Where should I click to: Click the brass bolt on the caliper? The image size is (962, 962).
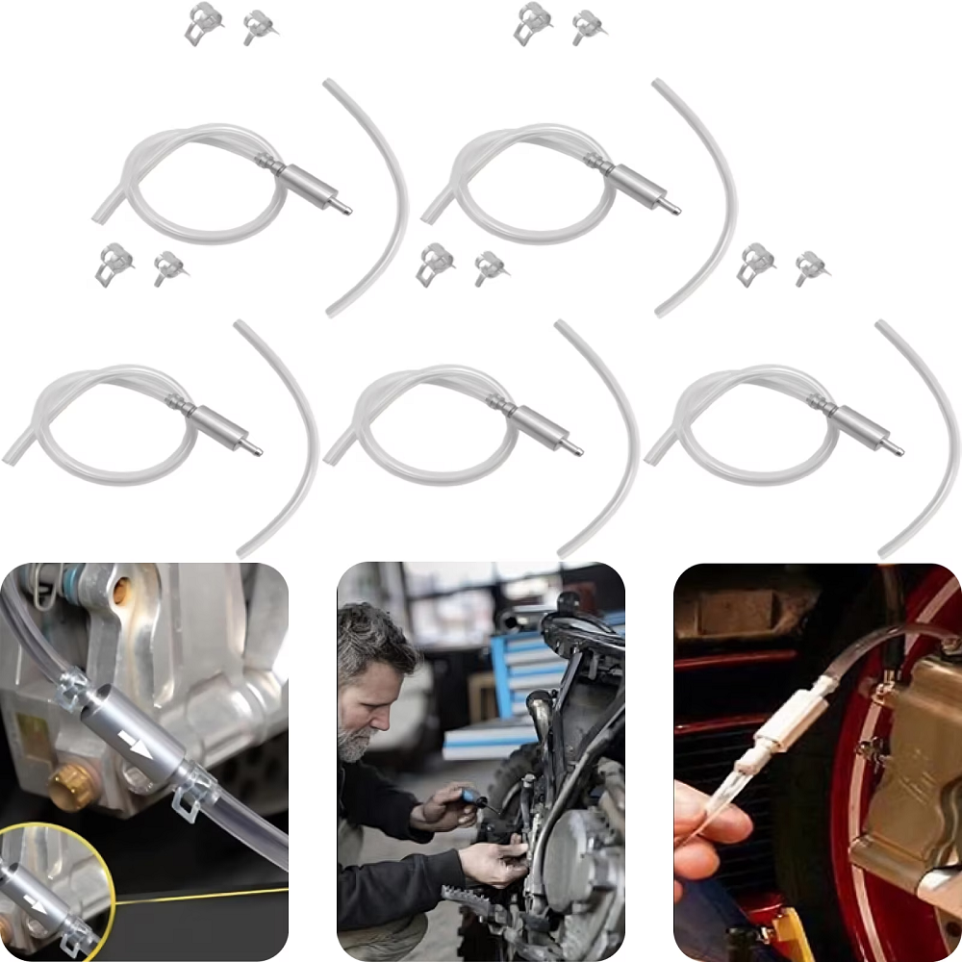[68, 787]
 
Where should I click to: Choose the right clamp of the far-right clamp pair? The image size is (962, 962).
[811, 267]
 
